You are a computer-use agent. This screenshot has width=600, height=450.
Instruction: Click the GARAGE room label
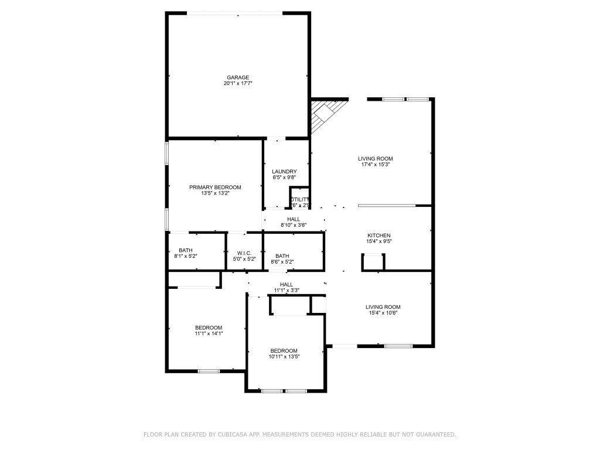click(x=238, y=77)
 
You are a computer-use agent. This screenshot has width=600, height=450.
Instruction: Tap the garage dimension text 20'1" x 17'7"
click(x=238, y=84)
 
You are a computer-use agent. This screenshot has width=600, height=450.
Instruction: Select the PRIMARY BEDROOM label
click(x=215, y=187)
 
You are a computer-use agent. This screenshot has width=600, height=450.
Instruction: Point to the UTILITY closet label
click(x=300, y=200)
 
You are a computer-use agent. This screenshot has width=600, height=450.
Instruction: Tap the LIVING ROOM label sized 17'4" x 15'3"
click(x=376, y=159)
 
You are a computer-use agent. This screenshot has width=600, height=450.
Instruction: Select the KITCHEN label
click(x=379, y=236)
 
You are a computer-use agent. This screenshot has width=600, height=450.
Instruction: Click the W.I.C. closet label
click(x=244, y=254)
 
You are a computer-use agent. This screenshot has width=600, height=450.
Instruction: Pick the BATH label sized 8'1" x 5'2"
click(x=186, y=251)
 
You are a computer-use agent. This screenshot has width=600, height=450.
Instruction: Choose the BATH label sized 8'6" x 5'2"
click(x=282, y=256)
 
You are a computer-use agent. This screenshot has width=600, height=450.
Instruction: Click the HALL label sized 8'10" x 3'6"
click(x=294, y=220)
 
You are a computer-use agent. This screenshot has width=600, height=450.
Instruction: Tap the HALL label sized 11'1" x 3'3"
click(x=287, y=285)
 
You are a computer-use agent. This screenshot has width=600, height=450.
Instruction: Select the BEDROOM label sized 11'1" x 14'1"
click(x=209, y=328)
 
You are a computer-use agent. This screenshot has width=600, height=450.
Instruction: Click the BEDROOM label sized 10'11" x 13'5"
click(x=284, y=351)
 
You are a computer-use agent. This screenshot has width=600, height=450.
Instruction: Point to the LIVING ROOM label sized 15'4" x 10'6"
click(x=383, y=307)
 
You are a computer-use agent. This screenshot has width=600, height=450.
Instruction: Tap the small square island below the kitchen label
click(x=373, y=261)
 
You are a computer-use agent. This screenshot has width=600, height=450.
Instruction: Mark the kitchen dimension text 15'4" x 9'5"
click(x=379, y=241)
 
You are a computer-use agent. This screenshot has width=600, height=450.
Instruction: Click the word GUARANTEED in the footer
click(x=434, y=435)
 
